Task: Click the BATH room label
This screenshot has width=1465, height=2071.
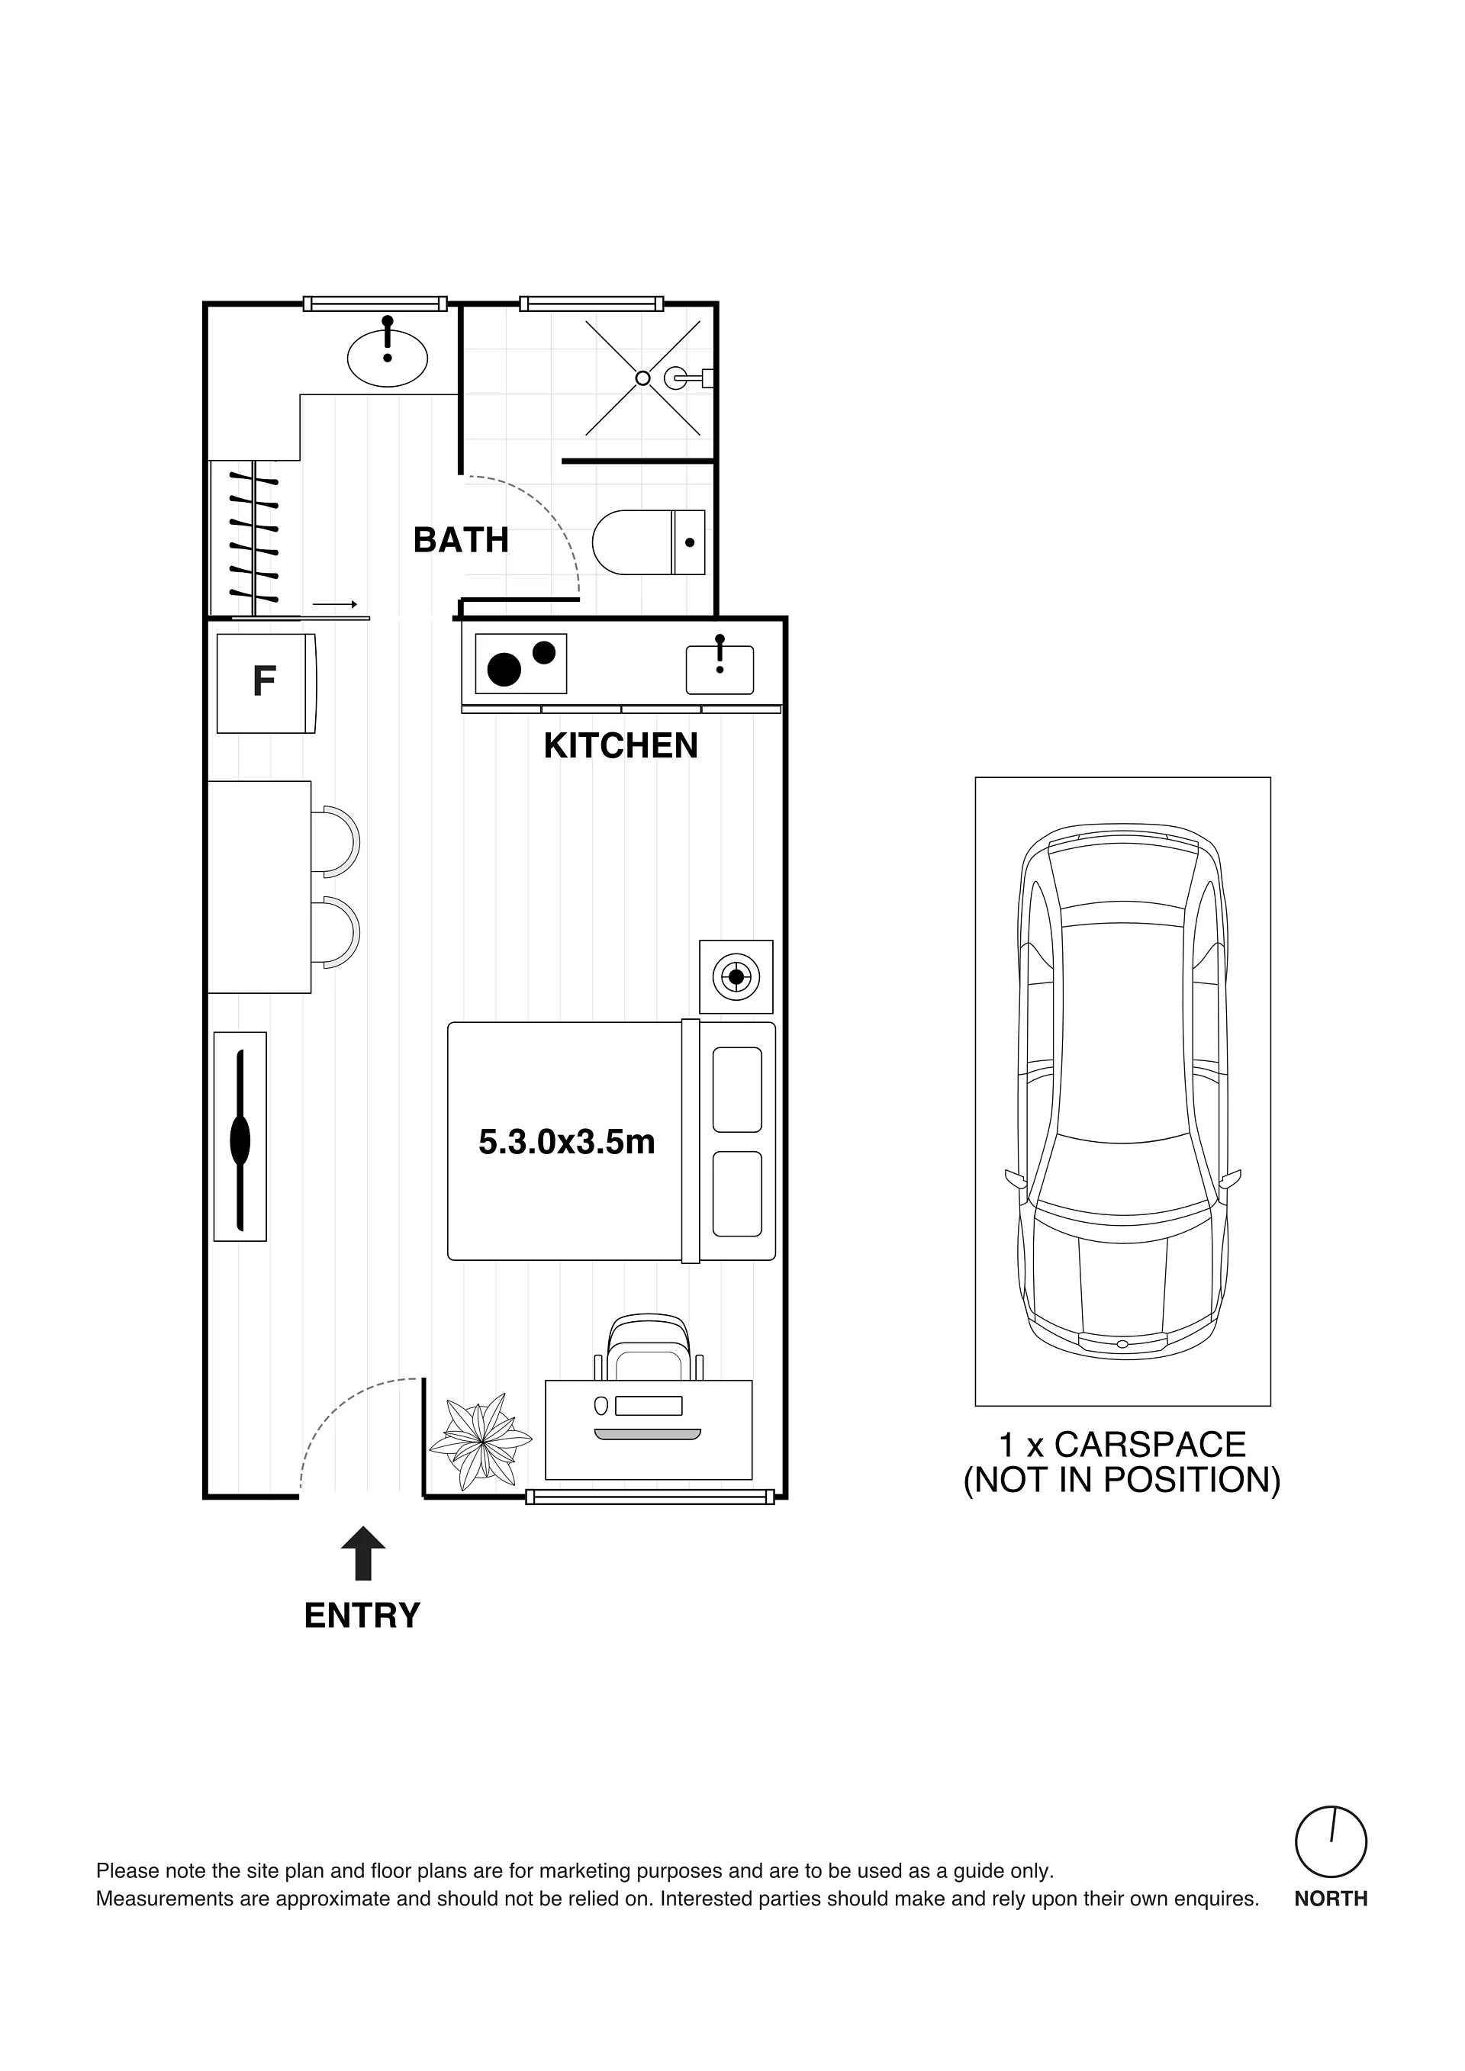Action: (461, 540)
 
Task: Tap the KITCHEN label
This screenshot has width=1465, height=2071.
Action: (620, 746)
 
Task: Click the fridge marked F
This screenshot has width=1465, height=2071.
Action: (266, 683)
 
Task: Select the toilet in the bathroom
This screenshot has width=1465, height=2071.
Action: (649, 542)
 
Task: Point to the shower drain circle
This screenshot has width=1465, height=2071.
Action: (642, 378)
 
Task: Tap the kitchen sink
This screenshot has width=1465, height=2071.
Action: (720, 669)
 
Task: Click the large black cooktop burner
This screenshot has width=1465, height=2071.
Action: (504, 669)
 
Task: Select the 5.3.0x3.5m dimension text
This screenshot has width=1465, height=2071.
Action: (566, 1142)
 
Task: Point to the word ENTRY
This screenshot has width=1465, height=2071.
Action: (362, 1616)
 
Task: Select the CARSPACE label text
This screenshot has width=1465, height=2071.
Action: (1149, 1444)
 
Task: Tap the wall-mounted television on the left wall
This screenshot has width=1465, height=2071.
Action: (240, 1137)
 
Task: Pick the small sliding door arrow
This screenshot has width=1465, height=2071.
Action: (336, 604)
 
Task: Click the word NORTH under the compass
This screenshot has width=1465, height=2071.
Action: (1331, 1899)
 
